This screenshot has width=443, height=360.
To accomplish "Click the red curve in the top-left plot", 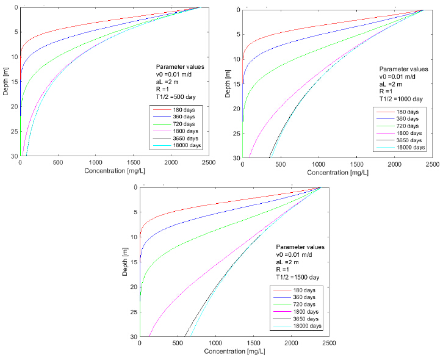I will [61, 32].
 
